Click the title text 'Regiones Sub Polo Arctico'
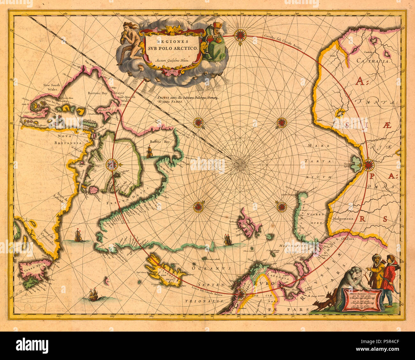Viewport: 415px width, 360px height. click(x=173, y=45)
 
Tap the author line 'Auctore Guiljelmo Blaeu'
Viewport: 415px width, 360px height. click(x=172, y=60)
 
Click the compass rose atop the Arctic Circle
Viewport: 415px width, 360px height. click(x=240, y=35)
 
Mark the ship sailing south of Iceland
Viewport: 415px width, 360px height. click(x=93, y=294)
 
